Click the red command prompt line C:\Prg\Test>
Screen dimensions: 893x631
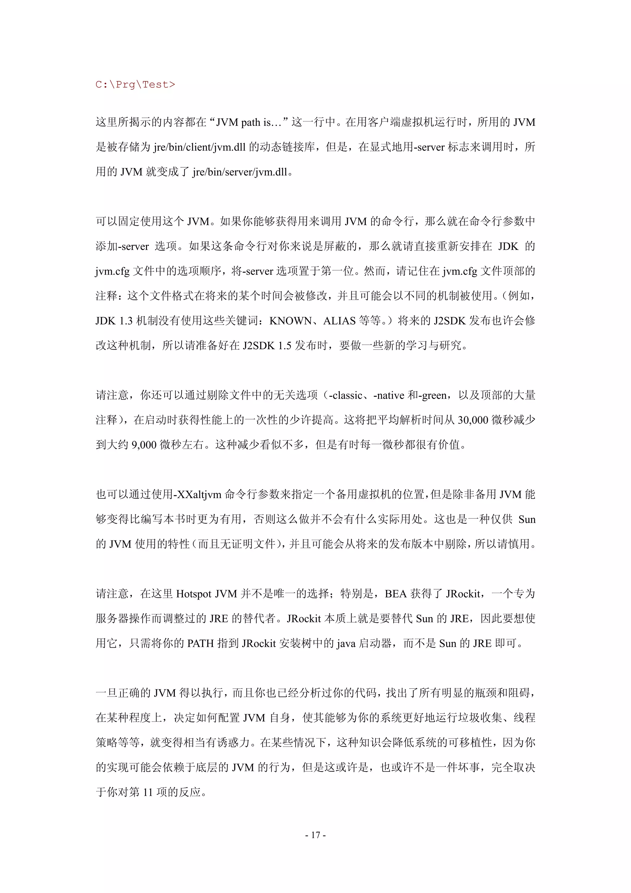click(x=135, y=84)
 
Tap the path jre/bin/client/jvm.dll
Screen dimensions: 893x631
click(x=199, y=147)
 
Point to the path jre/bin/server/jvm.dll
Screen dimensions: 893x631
click(x=239, y=172)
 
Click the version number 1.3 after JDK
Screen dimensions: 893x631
click(x=126, y=321)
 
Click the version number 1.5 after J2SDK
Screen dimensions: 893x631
click(x=285, y=345)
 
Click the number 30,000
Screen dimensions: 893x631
click(x=473, y=420)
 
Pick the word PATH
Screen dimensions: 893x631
click(x=201, y=644)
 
